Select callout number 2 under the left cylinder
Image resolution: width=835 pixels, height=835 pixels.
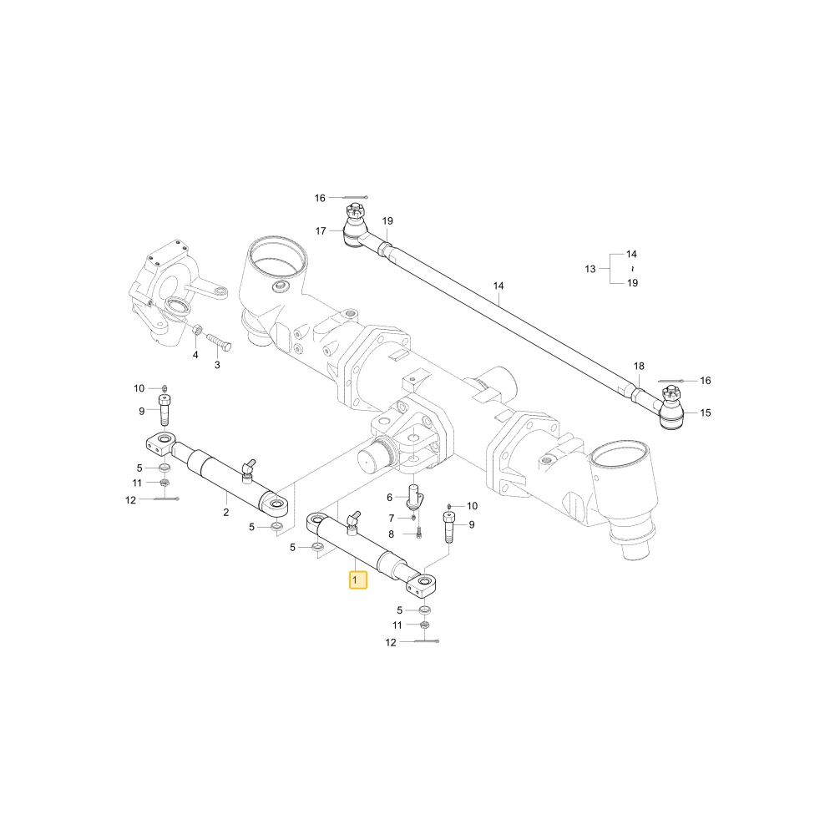(x=225, y=513)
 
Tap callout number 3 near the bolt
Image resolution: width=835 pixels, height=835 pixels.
(x=217, y=366)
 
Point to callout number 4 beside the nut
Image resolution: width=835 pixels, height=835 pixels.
(x=195, y=355)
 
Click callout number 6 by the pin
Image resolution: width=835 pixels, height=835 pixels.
(x=389, y=498)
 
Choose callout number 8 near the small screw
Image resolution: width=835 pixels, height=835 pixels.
(x=392, y=534)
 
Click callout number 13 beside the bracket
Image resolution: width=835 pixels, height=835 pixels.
(x=590, y=269)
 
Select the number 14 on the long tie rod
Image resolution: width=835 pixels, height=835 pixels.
(x=498, y=286)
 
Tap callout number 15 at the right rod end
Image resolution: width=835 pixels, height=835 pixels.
(x=706, y=412)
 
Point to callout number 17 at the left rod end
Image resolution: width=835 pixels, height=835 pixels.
(x=321, y=231)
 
